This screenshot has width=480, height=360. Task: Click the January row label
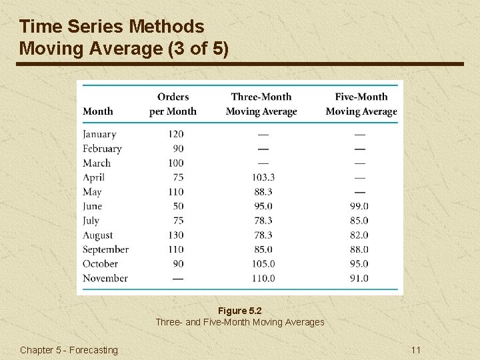coord(99,134)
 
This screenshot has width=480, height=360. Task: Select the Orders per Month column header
coord(173,104)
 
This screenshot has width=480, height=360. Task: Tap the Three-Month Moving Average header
coord(261,104)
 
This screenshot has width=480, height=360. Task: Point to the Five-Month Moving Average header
coord(361,104)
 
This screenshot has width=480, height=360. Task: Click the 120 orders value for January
coord(175,134)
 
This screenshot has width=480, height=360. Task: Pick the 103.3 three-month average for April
coord(263,177)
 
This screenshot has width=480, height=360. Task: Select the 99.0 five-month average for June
coord(359,206)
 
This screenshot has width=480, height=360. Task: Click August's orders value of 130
coord(175,235)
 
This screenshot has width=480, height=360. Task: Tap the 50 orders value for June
coord(178,206)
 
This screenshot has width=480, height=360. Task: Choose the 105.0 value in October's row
coord(263,263)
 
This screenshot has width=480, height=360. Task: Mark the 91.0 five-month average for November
coord(359,278)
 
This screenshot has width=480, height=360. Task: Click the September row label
coord(105,249)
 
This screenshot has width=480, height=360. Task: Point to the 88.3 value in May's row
coord(263,192)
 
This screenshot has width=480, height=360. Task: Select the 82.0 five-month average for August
coord(359,235)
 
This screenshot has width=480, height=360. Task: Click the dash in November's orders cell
coord(177,279)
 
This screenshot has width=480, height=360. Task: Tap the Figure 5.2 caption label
coord(240,311)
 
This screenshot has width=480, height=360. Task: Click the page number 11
coord(416,350)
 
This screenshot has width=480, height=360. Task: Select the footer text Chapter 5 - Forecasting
coord(69,350)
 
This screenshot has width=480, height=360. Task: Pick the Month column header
coord(98,111)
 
